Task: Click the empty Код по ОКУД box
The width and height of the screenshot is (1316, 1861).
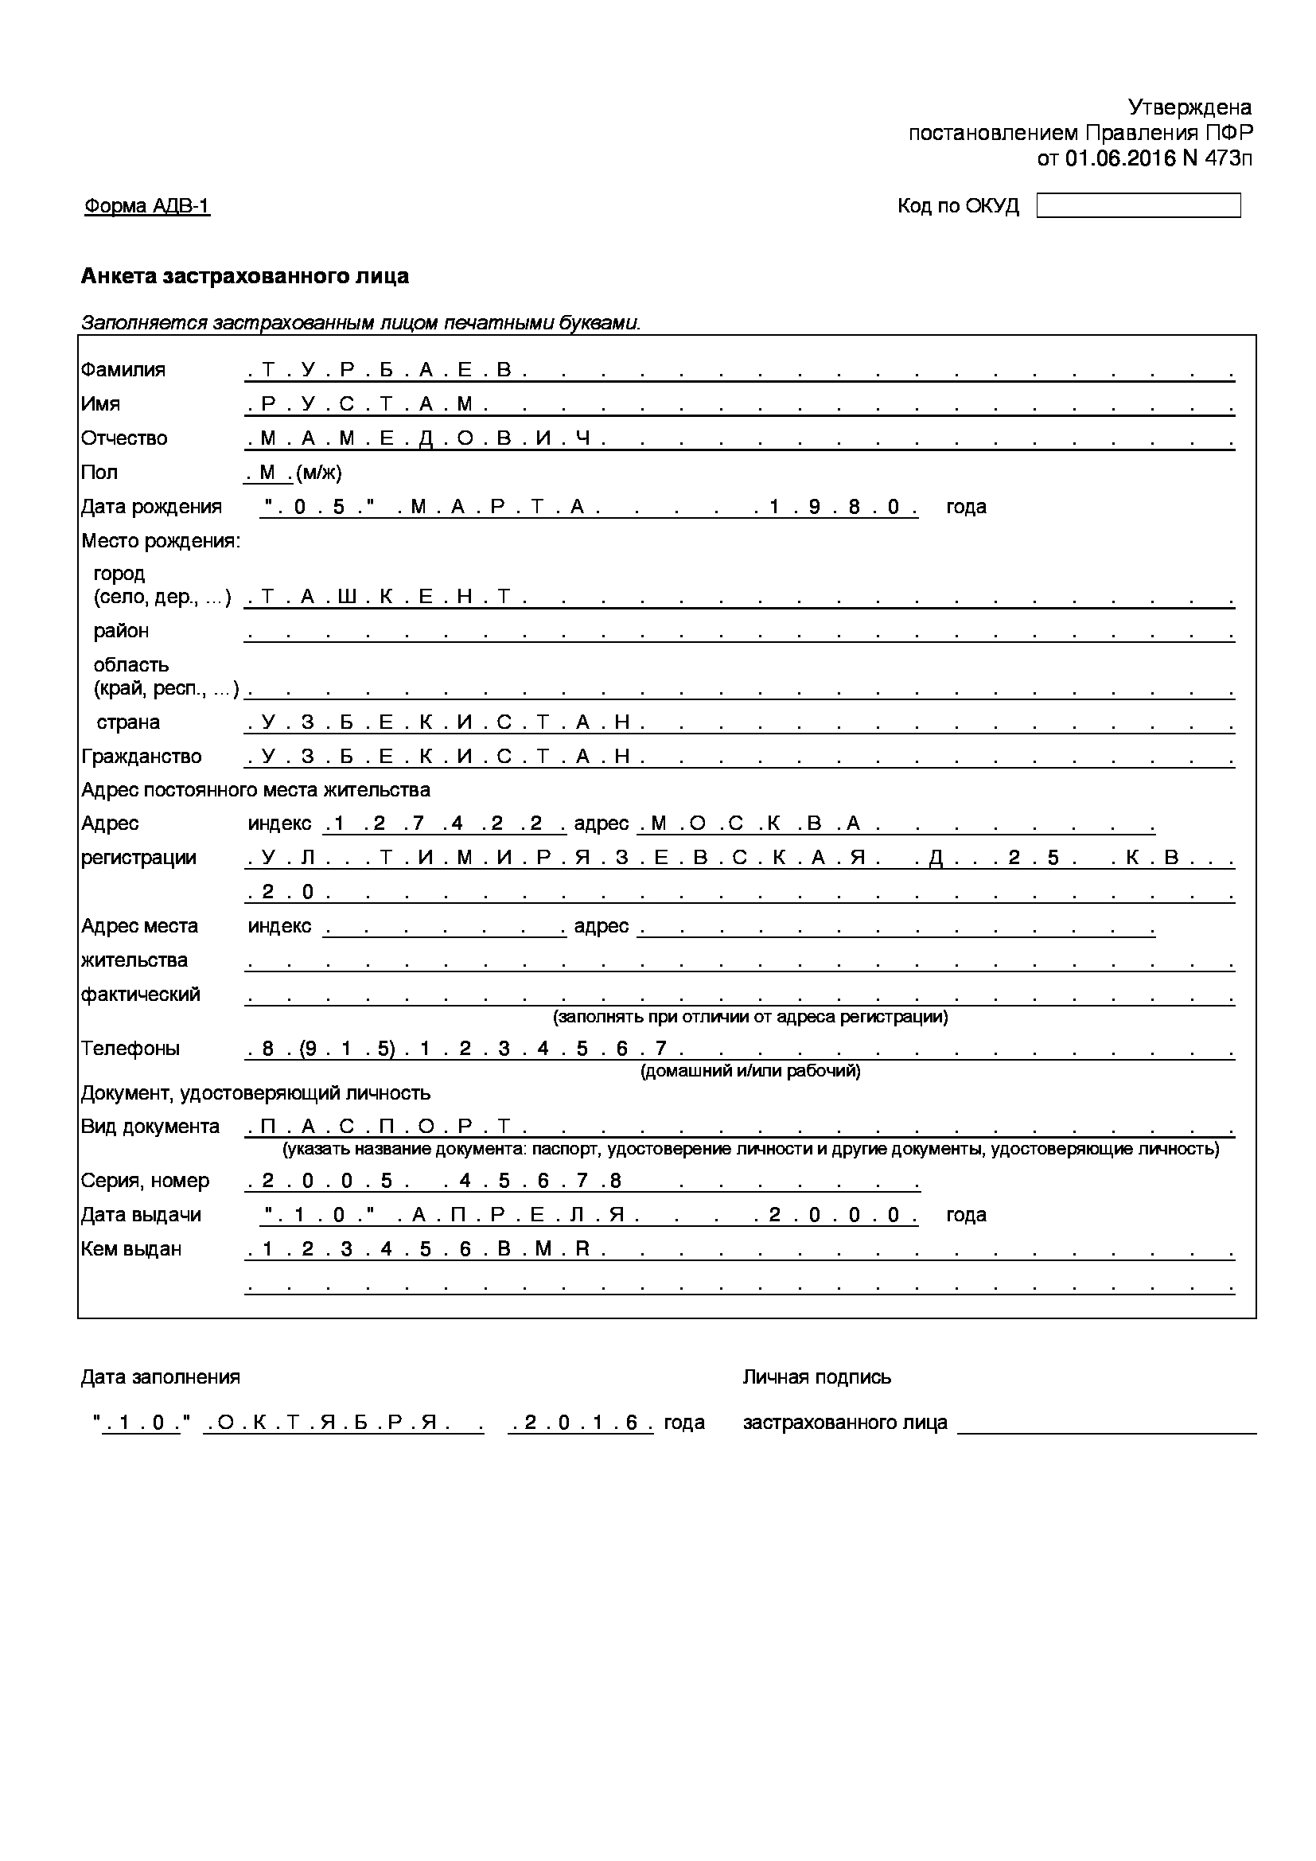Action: click(1138, 205)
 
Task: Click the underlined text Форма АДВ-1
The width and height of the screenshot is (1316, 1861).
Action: click(146, 206)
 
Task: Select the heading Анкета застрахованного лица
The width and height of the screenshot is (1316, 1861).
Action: click(245, 276)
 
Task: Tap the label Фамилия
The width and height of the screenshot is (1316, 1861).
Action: click(123, 370)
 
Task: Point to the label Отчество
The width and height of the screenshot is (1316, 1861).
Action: click(124, 438)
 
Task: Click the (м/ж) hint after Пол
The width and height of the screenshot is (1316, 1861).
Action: click(319, 473)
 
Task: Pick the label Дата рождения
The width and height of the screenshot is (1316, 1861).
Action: click(150, 507)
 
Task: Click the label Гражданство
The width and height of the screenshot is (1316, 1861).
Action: click(141, 756)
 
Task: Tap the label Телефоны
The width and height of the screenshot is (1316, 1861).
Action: click(130, 1048)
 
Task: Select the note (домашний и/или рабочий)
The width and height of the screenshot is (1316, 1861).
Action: click(750, 1072)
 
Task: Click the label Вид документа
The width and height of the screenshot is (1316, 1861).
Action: click(150, 1127)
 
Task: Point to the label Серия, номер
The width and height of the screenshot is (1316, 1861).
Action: click(145, 1181)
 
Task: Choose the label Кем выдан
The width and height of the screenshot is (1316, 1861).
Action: click(131, 1249)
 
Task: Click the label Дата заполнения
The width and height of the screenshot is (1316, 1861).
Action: click(161, 1377)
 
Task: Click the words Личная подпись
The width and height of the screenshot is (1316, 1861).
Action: click(817, 1377)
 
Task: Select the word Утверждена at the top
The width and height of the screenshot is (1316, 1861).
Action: click(1189, 107)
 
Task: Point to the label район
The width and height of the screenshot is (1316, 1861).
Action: click(122, 631)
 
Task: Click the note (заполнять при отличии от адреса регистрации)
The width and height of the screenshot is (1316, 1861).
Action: click(750, 1016)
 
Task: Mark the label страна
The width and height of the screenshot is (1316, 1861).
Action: click(128, 722)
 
